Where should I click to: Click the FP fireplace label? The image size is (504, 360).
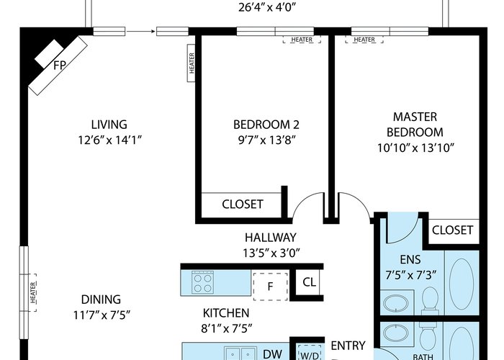click(60, 66)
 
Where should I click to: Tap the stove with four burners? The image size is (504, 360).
click(202, 282)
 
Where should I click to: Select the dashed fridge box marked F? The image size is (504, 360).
click(270, 287)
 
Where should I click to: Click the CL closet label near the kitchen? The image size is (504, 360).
click(309, 282)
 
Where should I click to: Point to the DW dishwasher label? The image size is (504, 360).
click(273, 354)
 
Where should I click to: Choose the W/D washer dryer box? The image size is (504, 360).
click(309, 352)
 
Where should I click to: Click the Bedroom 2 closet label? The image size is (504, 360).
click(243, 204)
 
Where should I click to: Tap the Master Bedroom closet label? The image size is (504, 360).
click(452, 230)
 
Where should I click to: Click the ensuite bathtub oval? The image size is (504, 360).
click(462, 284)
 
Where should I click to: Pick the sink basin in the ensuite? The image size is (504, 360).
click(396, 303)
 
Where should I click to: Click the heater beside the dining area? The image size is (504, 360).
click(33, 292)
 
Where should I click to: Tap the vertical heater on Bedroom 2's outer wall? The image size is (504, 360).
click(192, 63)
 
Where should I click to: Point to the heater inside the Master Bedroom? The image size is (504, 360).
click(364, 40)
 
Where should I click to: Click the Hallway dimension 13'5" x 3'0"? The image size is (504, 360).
click(271, 253)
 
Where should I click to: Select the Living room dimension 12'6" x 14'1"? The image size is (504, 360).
click(109, 140)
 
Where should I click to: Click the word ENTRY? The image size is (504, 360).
click(348, 346)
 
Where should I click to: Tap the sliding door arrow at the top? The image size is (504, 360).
click(141, 31)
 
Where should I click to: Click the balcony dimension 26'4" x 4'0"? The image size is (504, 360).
click(267, 7)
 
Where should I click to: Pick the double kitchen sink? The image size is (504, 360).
click(240, 354)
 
